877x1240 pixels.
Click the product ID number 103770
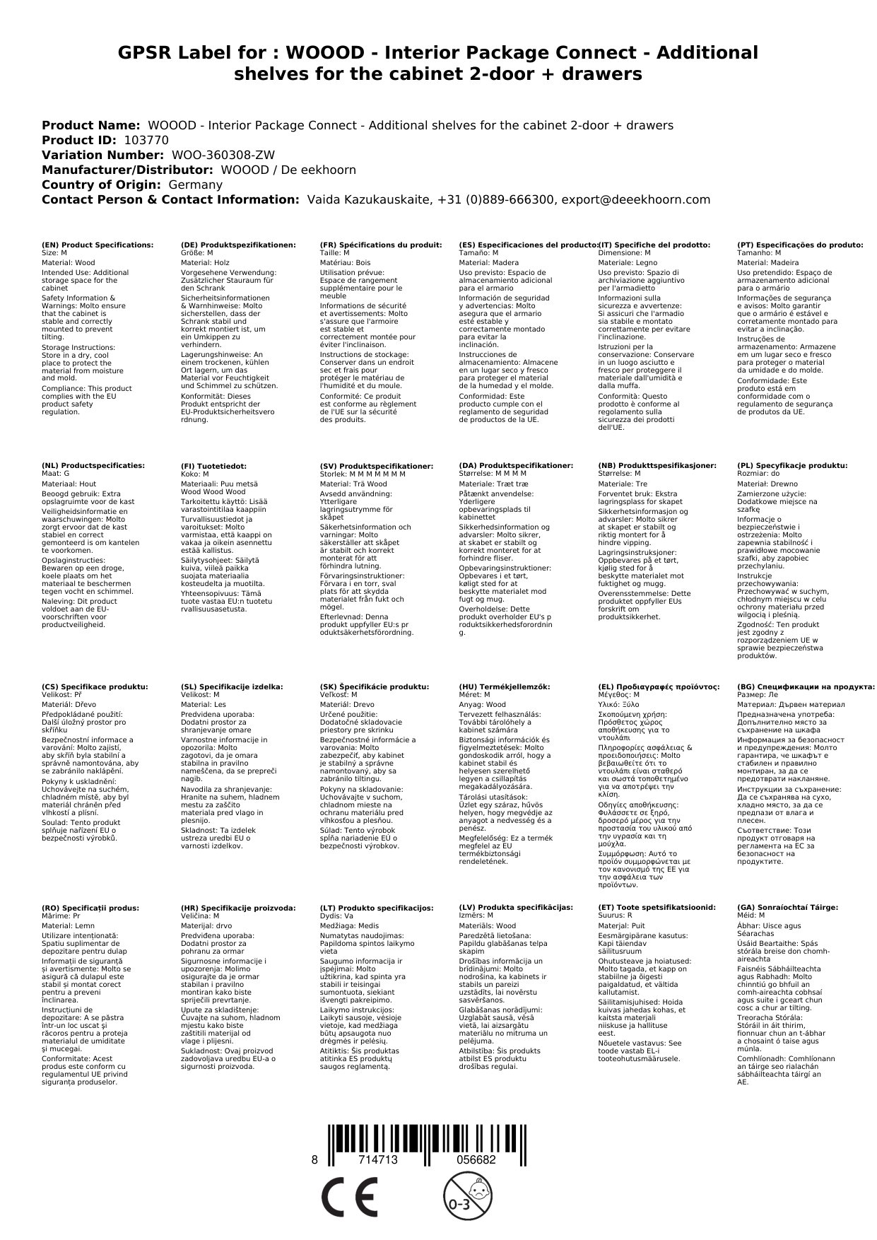tap(146, 140)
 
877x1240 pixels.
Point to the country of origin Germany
tap(195, 185)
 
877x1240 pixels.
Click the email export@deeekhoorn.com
tap(635, 199)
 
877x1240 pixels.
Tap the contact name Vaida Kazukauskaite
tap(368, 199)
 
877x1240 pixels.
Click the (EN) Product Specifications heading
tap(98, 245)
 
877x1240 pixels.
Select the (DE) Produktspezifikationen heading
tap(238, 245)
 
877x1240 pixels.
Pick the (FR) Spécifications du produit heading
tap(381, 245)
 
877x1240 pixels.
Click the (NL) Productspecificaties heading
tap(93, 466)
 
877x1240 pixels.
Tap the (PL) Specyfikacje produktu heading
tap(792, 466)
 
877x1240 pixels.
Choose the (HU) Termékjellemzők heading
tap(504, 686)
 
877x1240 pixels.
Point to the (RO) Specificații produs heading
tap(90, 908)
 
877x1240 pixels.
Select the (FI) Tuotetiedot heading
tap(213, 467)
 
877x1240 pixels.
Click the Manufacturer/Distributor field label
tap(127, 170)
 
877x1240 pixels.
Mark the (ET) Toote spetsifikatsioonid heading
tap(657, 907)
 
